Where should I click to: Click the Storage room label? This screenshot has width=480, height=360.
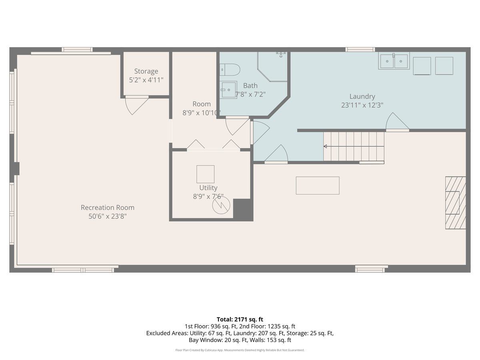pos(146,71)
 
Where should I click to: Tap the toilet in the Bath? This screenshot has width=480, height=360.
pos(230,70)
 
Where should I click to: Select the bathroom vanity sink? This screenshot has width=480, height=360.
pos(228,90)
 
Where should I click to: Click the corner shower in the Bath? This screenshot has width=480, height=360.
pos(272,67)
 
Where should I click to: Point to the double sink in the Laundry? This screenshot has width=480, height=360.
pos(394,61)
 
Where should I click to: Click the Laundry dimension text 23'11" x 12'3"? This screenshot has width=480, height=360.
pos(362,105)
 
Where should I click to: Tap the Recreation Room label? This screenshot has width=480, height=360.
pos(108,208)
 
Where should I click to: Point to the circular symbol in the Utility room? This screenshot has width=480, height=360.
pos(221,205)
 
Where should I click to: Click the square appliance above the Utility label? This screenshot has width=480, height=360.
pos(205,174)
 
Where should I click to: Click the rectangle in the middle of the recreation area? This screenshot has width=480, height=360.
pos(318,185)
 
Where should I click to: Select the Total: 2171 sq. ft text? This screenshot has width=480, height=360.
pos(240,319)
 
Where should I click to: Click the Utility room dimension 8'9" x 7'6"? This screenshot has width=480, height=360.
pos(208,196)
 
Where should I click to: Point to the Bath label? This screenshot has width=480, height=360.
pos(250,86)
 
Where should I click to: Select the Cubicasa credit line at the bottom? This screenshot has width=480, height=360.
pos(240,350)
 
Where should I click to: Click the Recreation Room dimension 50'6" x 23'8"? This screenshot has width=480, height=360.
pos(108,216)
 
